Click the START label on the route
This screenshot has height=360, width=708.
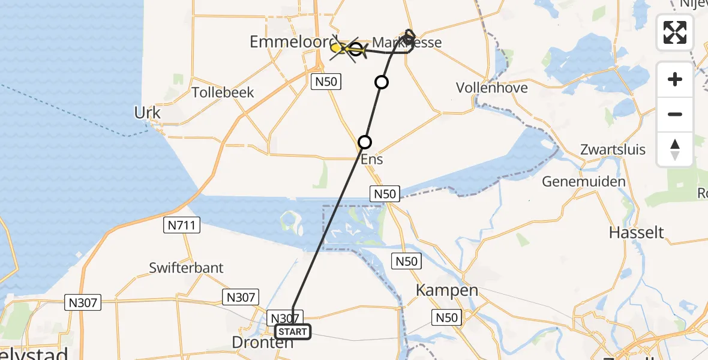pyautogui.click(x=293, y=332)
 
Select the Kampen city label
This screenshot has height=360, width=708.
pyautogui.click(x=448, y=291)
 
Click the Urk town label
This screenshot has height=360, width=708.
pyautogui.click(x=148, y=113)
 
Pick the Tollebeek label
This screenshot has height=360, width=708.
pyautogui.click(x=223, y=92)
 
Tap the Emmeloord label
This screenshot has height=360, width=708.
pyautogui.click(x=290, y=42)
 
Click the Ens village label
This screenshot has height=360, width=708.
pyautogui.click(x=372, y=160)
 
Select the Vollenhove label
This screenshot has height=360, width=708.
pyautogui.click(x=491, y=88)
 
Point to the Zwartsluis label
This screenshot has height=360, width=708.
pyautogui.click(x=613, y=149)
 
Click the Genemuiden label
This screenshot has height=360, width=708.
pyautogui.click(x=584, y=181)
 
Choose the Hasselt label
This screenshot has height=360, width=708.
pyautogui.click(x=636, y=232)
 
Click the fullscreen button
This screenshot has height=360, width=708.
pyautogui.click(x=675, y=32)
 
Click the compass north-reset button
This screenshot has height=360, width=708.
pyautogui.click(x=675, y=149)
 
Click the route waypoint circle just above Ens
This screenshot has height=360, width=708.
pyautogui.click(x=365, y=142)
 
